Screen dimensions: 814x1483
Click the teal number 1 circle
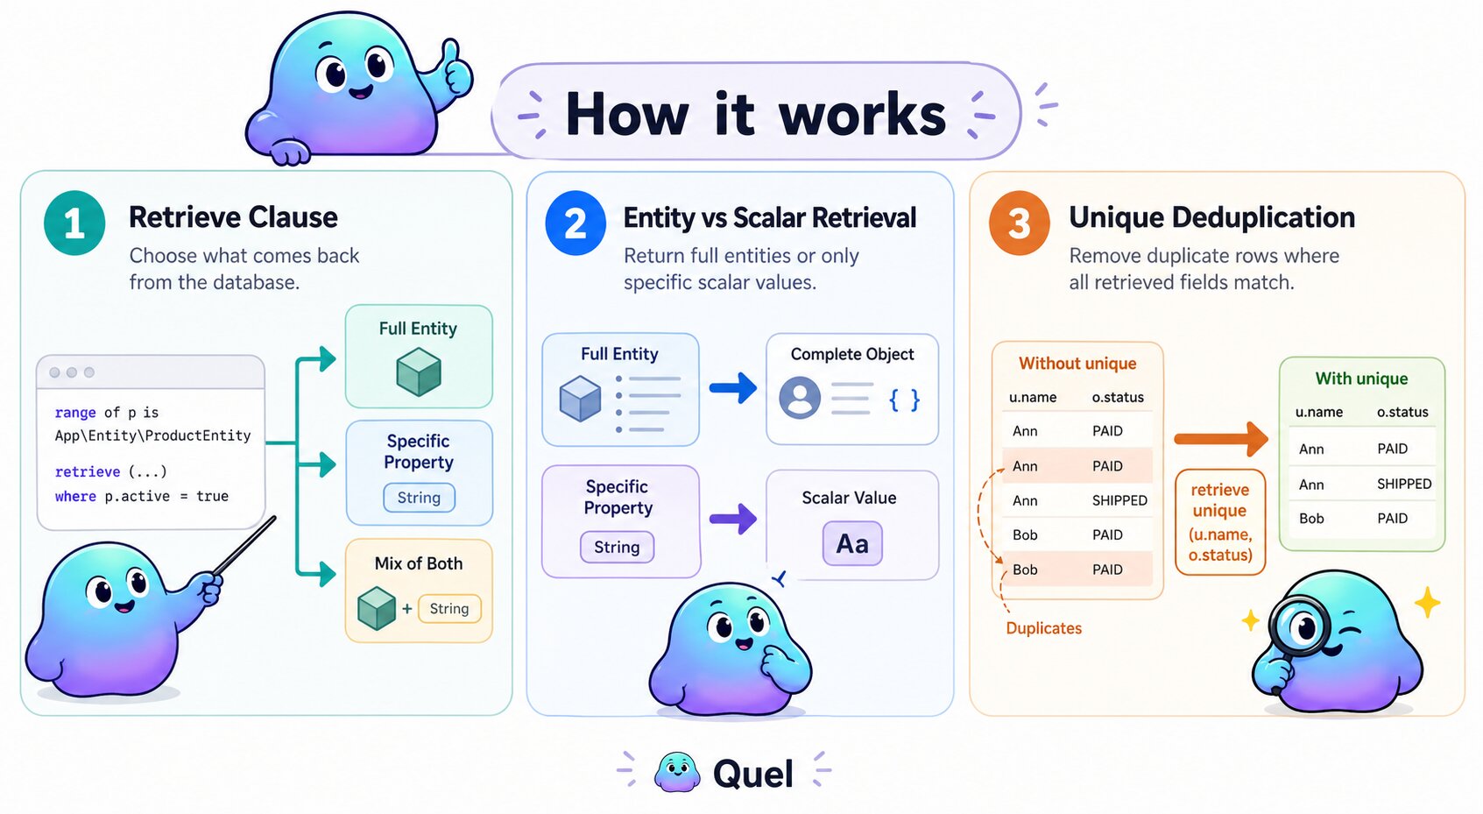click(x=74, y=223)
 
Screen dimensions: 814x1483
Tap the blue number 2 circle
click(x=575, y=223)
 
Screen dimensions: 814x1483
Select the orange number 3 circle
click(x=1019, y=223)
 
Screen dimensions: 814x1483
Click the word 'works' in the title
click(x=862, y=115)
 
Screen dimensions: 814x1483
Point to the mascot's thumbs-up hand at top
click(x=455, y=68)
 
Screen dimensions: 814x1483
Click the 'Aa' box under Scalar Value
click(x=851, y=543)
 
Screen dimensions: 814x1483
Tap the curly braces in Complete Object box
click(x=904, y=400)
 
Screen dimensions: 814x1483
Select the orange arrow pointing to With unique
click(x=1220, y=438)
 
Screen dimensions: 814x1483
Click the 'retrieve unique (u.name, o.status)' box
click(x=1219, y=522)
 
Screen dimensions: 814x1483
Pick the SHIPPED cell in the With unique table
click(x=1403, y=484)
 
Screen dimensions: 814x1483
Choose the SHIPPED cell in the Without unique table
click(x=1119, y=500)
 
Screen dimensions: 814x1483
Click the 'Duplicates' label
click(x=1043, y=628)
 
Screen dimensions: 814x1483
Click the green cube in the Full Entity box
click(x=419, y=372)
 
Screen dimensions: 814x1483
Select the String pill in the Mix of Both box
click(x=449, y=608)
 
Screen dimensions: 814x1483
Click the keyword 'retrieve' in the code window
click(x=88, y=471)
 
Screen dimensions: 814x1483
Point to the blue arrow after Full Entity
click(x=732, y=387)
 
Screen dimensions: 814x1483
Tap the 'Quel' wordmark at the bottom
click(x=752, y=774)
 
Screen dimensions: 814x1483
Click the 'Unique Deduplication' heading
click(x=1211, y=217)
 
